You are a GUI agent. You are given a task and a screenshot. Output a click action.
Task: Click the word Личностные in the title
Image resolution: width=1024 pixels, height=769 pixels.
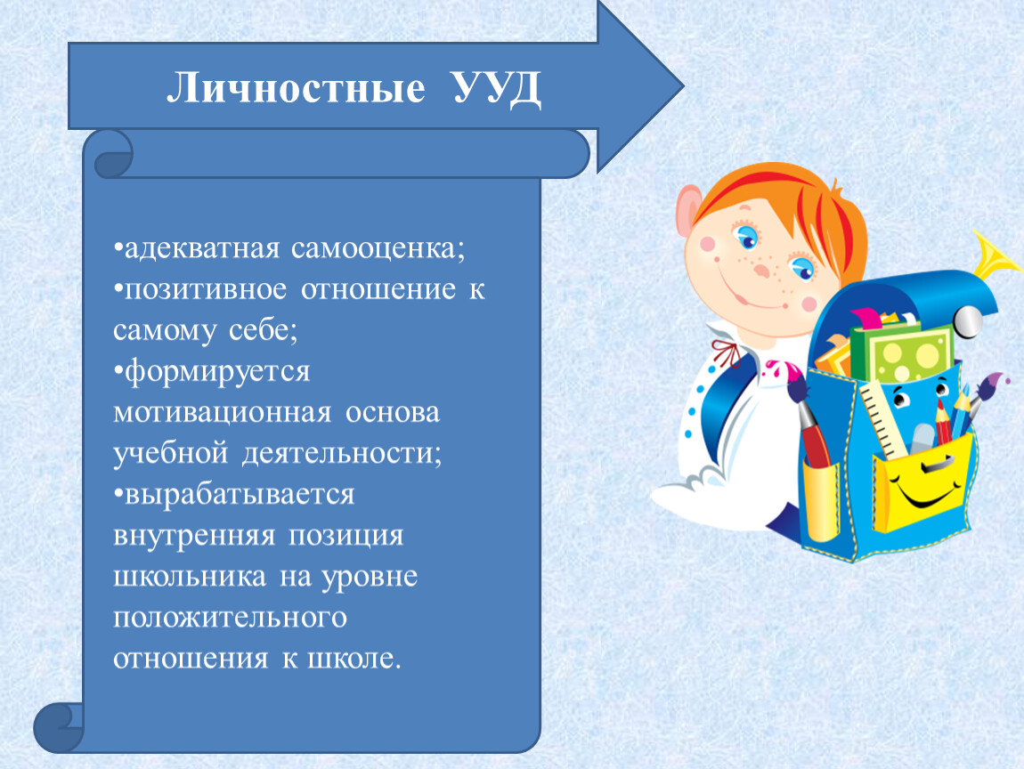[x=296, y=87]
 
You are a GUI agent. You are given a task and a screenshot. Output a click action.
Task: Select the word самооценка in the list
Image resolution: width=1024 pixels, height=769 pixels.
[x=378, y=248]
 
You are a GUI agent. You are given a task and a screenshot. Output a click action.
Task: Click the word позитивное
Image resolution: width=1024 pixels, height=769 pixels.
[x=205, y=290]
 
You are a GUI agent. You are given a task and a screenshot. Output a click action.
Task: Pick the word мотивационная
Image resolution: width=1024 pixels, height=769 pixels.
[x=222, y=413]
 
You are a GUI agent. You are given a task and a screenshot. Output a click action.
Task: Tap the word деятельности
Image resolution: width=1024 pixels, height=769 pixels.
[x=342, y=454]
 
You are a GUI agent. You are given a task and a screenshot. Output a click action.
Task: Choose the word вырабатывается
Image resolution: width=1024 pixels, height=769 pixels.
[x=239, y=495]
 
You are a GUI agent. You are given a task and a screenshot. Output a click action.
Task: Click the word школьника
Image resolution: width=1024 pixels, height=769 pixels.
[x=190, y=577]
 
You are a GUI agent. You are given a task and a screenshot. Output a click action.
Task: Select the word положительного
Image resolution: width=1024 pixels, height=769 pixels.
[x=230, y=618]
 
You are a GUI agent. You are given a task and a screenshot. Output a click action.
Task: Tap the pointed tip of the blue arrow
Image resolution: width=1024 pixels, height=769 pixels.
[x=682, y=86]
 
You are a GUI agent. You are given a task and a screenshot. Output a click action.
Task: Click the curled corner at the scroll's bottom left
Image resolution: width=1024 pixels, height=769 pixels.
[x=59, y=727]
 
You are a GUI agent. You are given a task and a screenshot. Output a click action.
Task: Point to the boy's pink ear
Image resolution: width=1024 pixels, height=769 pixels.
[x=689, y=210]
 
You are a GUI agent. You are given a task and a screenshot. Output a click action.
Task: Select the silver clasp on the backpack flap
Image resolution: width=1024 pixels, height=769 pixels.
[x=968, y=322]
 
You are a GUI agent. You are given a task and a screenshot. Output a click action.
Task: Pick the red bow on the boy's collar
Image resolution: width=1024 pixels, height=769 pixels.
[x=727, y=353]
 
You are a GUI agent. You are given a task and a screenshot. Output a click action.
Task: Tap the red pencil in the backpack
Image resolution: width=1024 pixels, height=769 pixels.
[x=941, y=422]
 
